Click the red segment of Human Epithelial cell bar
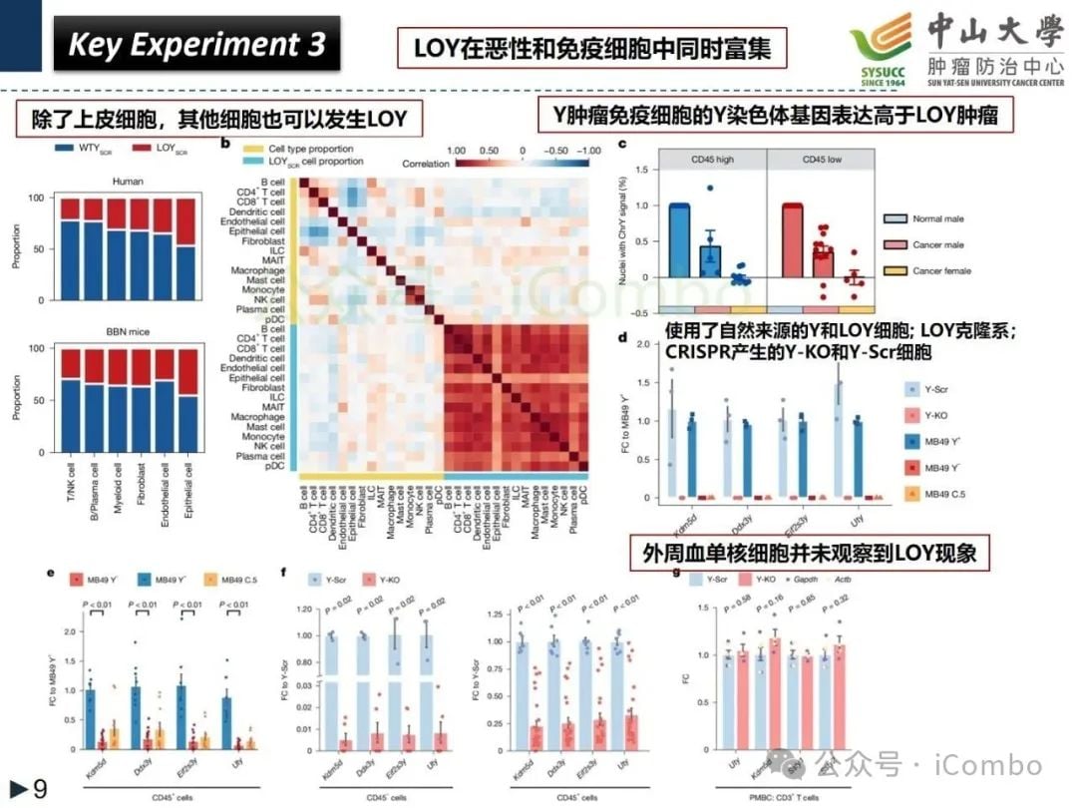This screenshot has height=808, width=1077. tap(185, 222)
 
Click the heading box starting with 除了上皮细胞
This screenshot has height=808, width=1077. tap(216, 122)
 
